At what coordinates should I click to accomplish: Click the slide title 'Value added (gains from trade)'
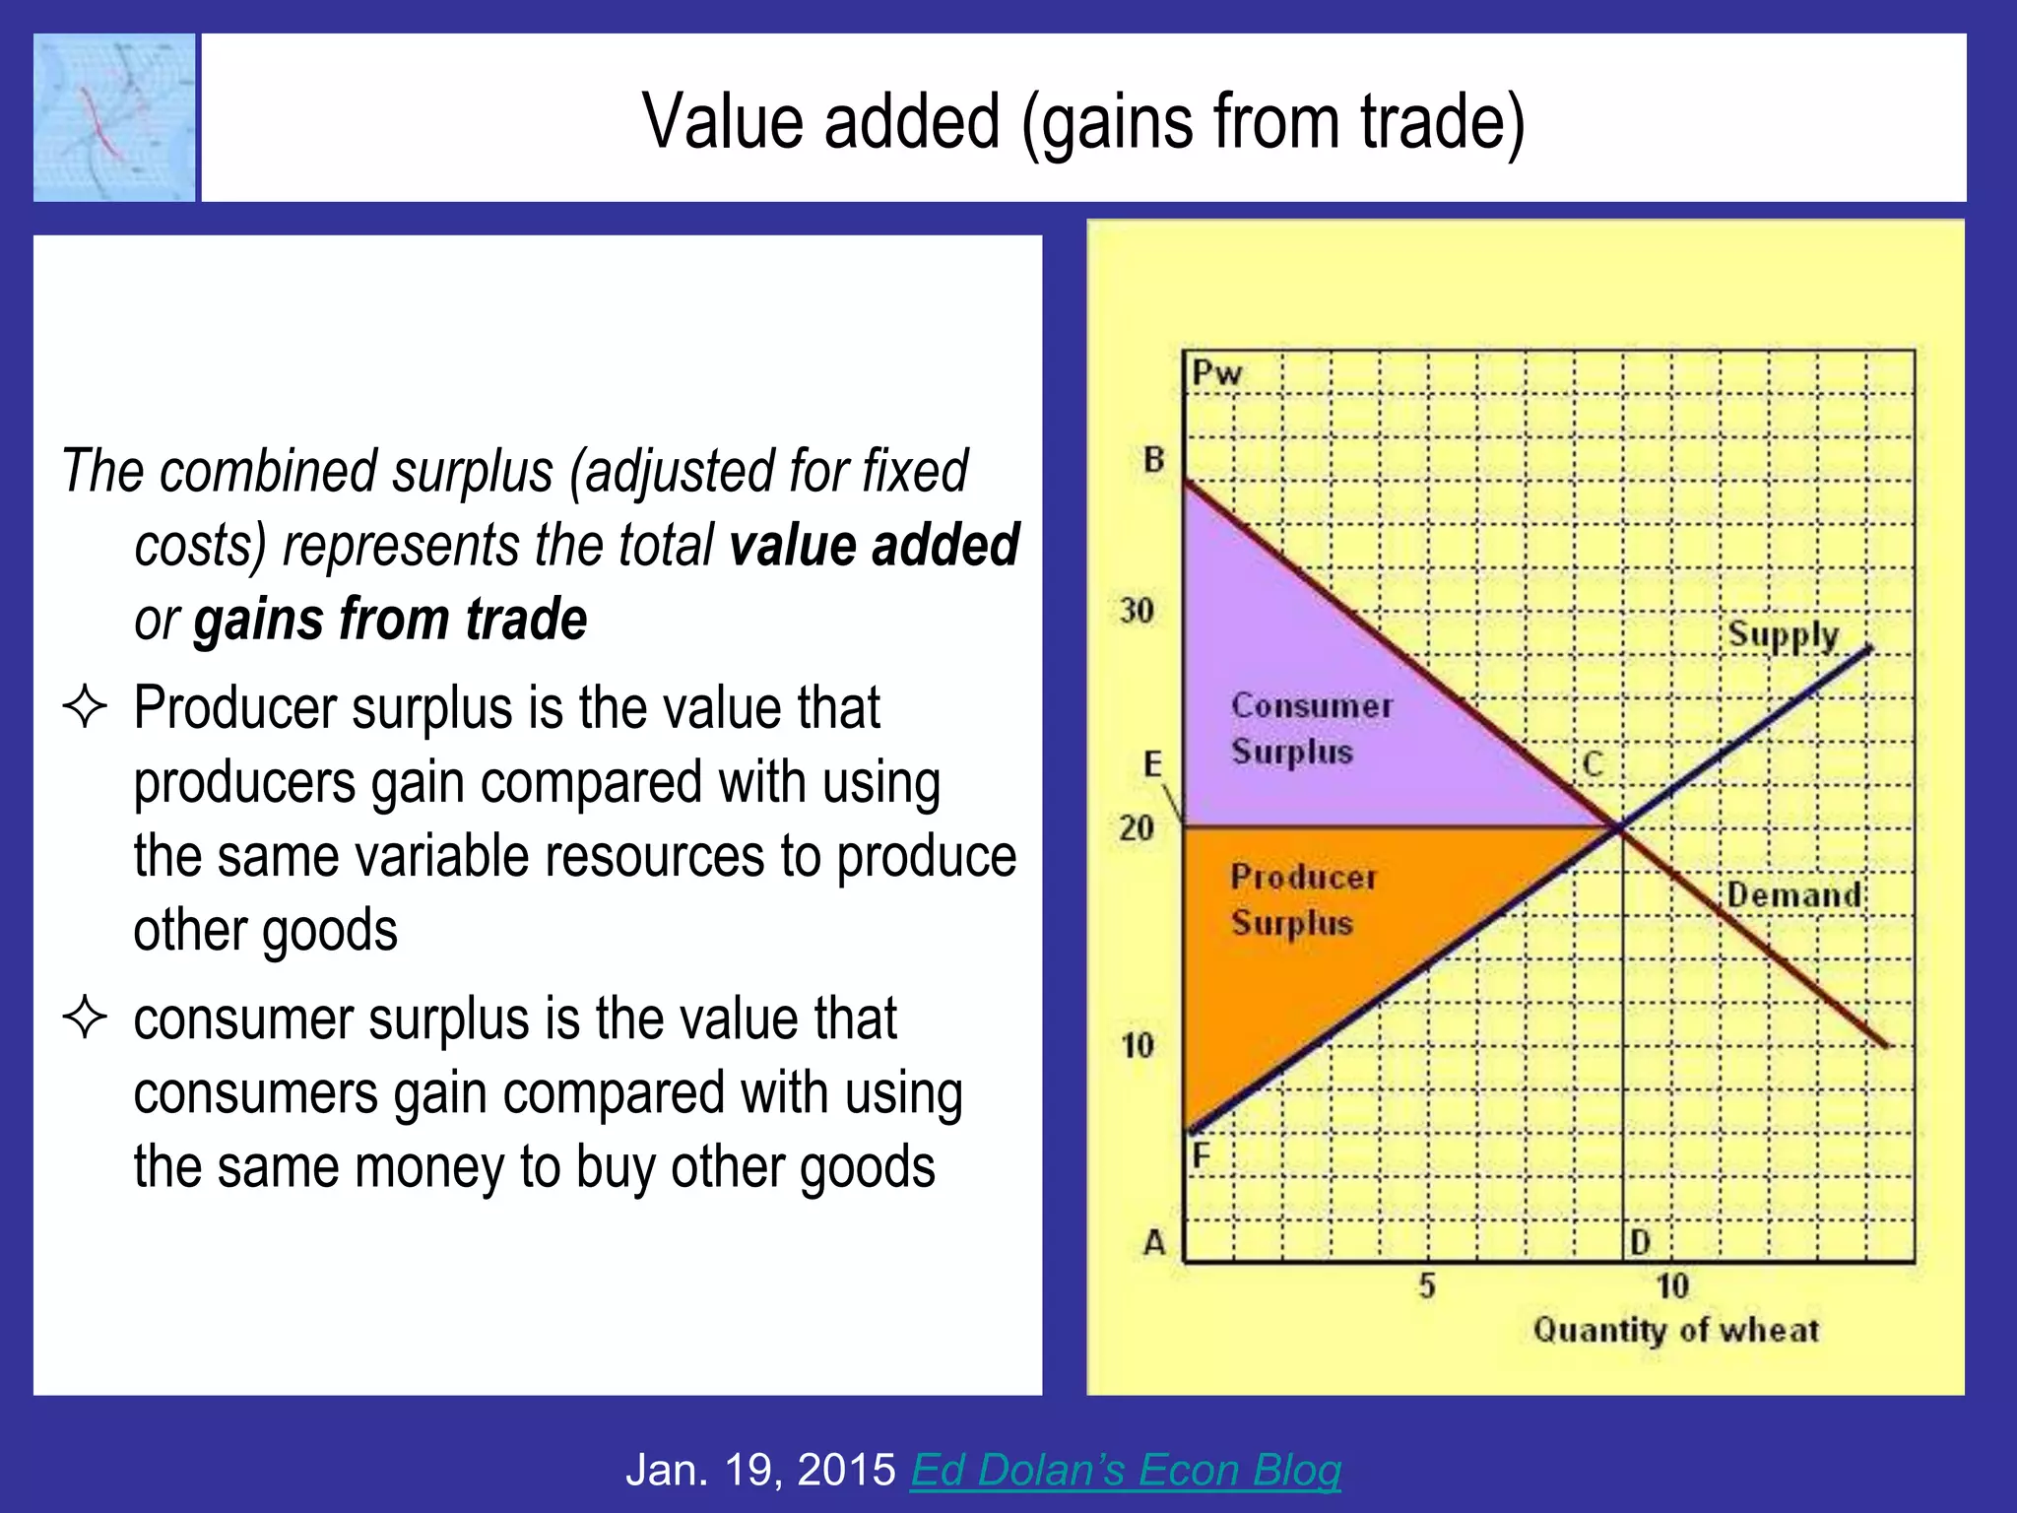coord(1083,121)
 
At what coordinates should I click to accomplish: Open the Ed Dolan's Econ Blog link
coord(1125,1470)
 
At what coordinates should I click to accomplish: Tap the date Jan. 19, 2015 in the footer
coord(760,1470)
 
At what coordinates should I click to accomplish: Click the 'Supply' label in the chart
coord(1783,635)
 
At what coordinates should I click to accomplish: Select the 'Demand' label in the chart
coord(1793,894)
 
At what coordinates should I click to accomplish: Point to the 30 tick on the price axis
coord(1137,611)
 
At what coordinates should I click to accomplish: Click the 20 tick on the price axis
coord(1137,827)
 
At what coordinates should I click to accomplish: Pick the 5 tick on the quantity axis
coord(1427,1285)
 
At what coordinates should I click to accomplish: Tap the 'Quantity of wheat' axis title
coord(1675,1330)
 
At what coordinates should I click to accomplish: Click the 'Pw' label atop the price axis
coord(1216,373)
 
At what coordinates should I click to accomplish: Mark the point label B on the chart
coord(1153,459)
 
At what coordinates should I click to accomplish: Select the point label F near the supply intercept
coord(1201,1154)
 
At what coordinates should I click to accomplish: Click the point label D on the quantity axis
coord(1640,1242)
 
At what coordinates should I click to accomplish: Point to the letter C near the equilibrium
coord(1593,764)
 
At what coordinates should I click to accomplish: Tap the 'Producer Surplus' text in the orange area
coord(1302,899)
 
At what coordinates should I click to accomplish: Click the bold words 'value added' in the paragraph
coord(874,546)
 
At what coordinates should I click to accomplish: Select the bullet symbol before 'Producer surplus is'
coord(85,707)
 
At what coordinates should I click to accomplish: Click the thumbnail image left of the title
coord(114,118)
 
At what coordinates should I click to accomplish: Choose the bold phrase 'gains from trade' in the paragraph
coord(390,620)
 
